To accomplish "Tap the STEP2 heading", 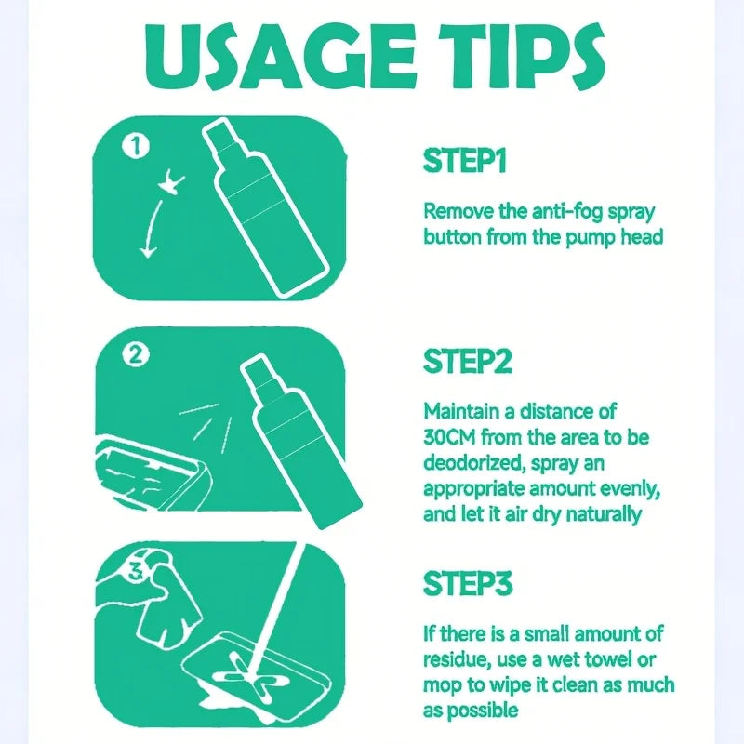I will click(466, 361).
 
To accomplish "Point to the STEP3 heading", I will click(467, 584).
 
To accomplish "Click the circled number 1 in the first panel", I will click(136, 146).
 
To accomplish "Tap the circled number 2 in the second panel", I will click(136, 354).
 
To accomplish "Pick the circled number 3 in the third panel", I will click(135, 573).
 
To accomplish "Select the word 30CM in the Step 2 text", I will click(457, 436).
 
